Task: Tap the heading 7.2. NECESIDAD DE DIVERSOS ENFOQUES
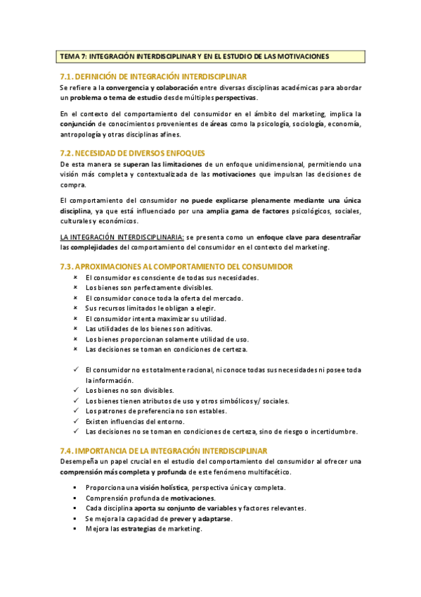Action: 132,153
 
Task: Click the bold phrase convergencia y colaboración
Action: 153,87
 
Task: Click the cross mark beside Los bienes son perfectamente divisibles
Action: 75,287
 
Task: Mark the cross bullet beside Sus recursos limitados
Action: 75,308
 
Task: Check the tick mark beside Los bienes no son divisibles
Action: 75,390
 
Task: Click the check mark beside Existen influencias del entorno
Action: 75,421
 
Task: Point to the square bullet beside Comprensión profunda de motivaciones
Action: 75,498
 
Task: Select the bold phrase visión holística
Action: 163,487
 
